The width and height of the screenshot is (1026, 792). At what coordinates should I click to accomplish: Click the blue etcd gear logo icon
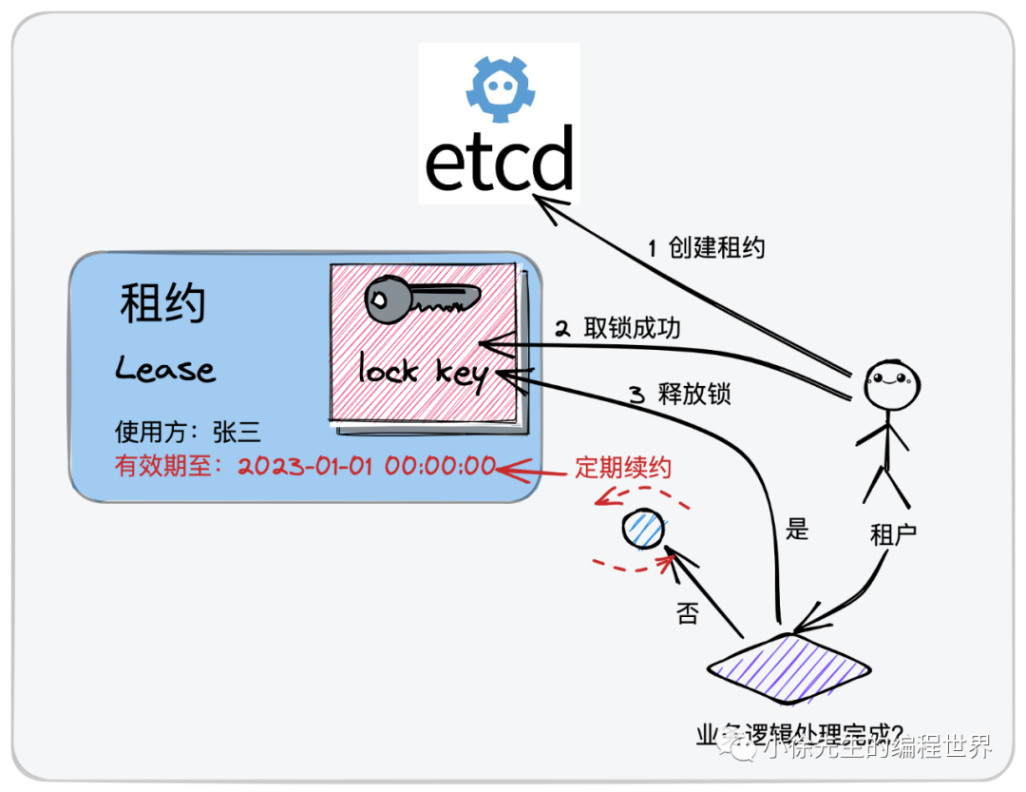(x=500, y=87)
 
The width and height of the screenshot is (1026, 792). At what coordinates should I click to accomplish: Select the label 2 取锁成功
(x=617, y=329)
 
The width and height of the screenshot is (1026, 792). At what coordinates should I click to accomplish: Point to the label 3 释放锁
(x=680, y=394)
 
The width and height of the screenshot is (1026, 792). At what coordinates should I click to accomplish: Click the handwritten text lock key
(x=423, y=372)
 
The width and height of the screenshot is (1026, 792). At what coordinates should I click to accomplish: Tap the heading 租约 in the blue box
(x=162, y=305)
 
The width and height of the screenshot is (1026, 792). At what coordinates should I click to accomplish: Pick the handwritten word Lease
(x=165, y=369)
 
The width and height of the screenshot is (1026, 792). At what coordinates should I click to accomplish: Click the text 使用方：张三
(x=187, y=433)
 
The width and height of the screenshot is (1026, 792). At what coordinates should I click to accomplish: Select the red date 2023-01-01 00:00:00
(x=367, y=467)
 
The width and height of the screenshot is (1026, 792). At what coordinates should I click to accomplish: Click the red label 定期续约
(x=622, y=468)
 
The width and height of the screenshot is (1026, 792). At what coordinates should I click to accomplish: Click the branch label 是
(x=797, y=530)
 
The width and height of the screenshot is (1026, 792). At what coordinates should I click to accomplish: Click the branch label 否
(x=687, y=613)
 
